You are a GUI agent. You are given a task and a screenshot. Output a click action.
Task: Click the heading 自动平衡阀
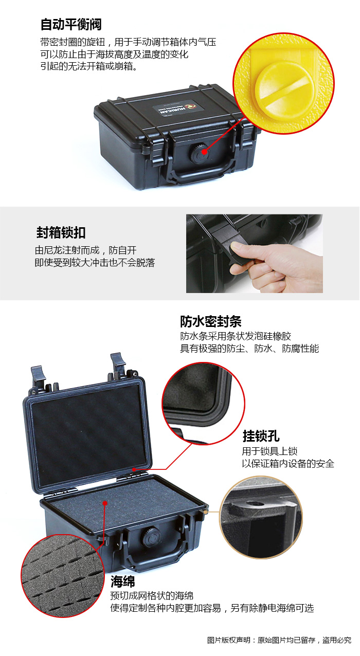71,24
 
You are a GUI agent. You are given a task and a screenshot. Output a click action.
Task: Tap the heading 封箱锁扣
61,233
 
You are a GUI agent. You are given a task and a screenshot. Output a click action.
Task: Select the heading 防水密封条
211,321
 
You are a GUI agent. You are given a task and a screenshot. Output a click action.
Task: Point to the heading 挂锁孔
261,436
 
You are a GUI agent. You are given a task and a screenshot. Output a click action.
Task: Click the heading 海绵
122,581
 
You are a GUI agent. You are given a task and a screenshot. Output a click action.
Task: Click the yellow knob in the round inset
284,90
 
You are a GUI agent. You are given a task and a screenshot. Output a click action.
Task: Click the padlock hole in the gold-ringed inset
254,503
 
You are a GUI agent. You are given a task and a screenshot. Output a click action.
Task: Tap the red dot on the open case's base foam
105,503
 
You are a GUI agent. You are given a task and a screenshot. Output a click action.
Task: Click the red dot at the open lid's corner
134,469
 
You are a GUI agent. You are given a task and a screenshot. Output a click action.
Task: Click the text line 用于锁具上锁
269,451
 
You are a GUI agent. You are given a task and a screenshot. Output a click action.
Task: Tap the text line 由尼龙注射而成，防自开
85,250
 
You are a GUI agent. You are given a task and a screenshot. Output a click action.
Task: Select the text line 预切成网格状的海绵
152,596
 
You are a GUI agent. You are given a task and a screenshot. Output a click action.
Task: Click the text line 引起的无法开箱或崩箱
89,66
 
